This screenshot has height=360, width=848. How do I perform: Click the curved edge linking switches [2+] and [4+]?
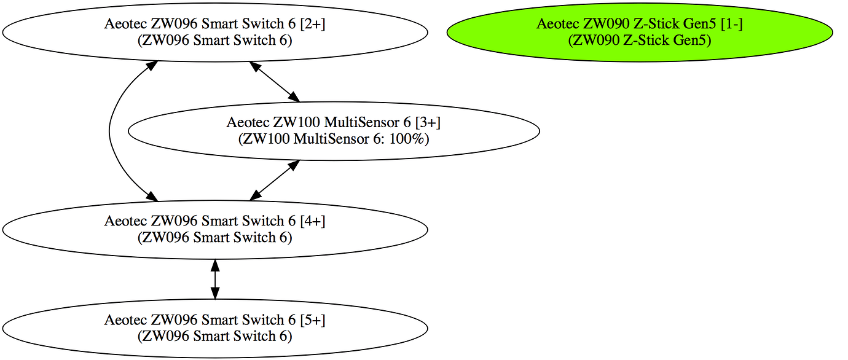point(110,130)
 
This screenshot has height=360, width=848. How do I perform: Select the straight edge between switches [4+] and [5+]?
point(214,279)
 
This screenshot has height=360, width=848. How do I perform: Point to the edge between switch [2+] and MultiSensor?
point(274,81)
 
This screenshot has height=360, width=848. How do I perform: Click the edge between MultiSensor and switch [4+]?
point(274,180)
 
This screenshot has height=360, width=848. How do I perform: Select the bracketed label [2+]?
point(312,24)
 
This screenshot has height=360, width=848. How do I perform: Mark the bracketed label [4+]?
point(312,221)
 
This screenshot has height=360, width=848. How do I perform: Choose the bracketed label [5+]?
point(312,319)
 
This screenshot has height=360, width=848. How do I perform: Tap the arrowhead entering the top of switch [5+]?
point(214,292)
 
